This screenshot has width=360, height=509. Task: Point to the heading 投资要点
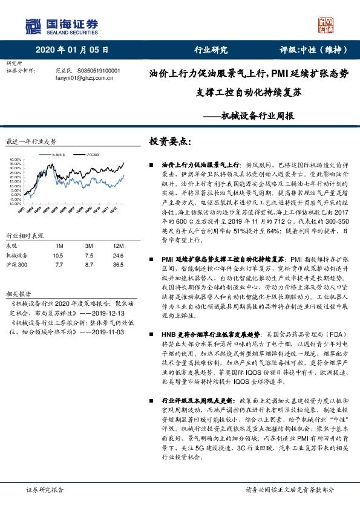click(169, 141)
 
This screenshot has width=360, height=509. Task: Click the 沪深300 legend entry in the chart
click(93, 154)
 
